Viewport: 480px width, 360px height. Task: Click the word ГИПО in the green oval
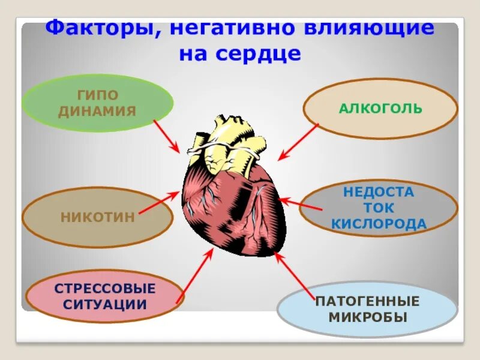(x=98, y=95)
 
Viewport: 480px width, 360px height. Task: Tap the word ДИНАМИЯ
(x=98, y=110)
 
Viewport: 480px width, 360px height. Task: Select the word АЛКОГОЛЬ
(x=380, y=109)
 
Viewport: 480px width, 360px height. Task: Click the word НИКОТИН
(x=98, y=217)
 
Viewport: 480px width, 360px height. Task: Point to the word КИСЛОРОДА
(x=379, y=224)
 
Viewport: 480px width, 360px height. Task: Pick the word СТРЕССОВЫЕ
(x=105, y=288)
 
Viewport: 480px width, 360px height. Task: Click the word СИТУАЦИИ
(x=105, y=304)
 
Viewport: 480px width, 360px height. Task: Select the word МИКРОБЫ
(x=367, y=316)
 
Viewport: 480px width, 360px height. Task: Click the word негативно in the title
(x=229, y=29)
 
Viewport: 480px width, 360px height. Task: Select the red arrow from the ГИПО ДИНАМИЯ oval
(x=167, y=136)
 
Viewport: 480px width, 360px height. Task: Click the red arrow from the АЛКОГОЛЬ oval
(x=298, y=142)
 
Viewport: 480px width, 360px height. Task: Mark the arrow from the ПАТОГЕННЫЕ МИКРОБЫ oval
(x=295, y=275)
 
